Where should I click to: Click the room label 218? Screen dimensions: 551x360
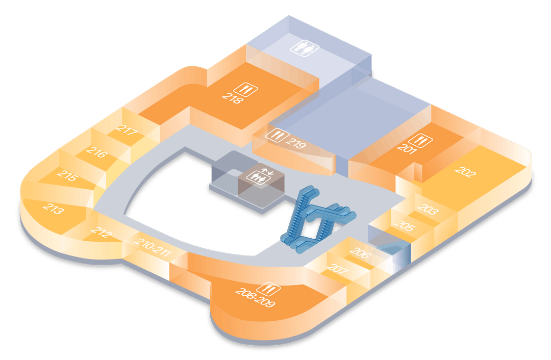pos(233,98)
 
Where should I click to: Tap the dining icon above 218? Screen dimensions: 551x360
pos(246,89)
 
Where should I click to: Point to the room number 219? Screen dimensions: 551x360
pos(295,143)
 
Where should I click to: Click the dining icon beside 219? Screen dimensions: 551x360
pos(277,135)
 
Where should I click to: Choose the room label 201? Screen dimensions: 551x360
pos(407,148)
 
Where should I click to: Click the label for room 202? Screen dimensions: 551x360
pos(465,172)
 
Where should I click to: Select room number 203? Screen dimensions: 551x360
pos(428,210)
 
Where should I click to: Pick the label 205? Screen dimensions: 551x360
pos(405,225)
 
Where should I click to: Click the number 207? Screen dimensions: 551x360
pos(337,269)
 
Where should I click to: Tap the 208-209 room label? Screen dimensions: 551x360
pos(255,297)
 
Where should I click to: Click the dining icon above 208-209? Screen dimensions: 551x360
pos(269,289)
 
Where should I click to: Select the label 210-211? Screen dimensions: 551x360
pos(153,247)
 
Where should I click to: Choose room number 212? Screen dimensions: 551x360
pos(102,233)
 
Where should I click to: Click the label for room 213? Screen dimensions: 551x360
pos(54,208)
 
